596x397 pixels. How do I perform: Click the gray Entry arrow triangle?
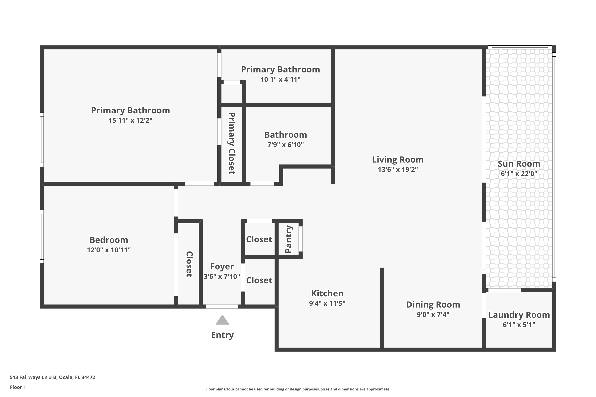(x=222, y=321)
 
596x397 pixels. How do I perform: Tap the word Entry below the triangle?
(x=222, y=335)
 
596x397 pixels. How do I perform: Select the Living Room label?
(x=398, y=160)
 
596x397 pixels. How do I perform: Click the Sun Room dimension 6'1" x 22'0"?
(x=519, y=174)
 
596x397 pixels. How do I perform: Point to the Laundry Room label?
(x=519, y=315)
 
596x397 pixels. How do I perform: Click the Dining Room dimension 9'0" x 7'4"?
(x=433, y=314)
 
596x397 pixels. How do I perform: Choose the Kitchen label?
(x=327, y=293)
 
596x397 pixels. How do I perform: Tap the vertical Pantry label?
(x=289, y=239)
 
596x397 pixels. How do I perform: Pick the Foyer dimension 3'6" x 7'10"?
(x=222, y=276)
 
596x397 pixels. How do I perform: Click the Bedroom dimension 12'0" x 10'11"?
(x=109, y=250)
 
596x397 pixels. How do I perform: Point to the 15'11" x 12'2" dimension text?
(x=130, y=120)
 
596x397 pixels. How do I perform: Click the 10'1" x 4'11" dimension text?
(x=280, y=79)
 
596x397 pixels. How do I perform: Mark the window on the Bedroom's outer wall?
(x=42, y=237)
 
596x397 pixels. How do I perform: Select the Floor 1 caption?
(x=18, y=387)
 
